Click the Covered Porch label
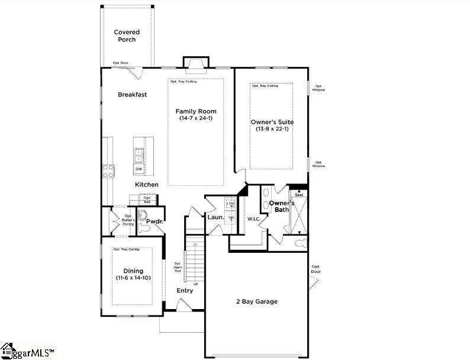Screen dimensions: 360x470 click(x=125, y=36)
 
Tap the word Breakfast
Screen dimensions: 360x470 click(x=132, y=94)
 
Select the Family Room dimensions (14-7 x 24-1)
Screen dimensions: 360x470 click(x=196, y=118)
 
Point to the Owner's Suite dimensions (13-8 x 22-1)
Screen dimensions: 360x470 click(x=271, y=129)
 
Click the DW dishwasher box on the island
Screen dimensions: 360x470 click(x=139, y=169)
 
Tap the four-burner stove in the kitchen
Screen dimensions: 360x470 click(x=109, y=171)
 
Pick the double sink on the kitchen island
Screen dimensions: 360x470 click(x=139, y=155)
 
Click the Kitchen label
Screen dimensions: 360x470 click(x=147, y=185)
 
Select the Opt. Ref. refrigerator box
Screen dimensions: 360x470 click(x=147, y=201)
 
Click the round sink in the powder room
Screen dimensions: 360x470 click(x=143, y=215)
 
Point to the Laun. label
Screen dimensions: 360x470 click(x=215, y=217)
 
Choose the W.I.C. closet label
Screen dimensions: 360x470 click(x=253, y=219)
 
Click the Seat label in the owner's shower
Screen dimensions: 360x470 click(x=299, y=195)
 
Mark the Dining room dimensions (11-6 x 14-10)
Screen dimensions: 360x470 click(x=133, y=278)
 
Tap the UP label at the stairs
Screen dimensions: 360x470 click(x=195, y=284)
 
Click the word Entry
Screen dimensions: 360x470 click(x=185, y=291)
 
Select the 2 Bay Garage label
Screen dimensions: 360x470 click(x=256, y=301)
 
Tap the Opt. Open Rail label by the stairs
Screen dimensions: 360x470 click(x=178, y=268)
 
